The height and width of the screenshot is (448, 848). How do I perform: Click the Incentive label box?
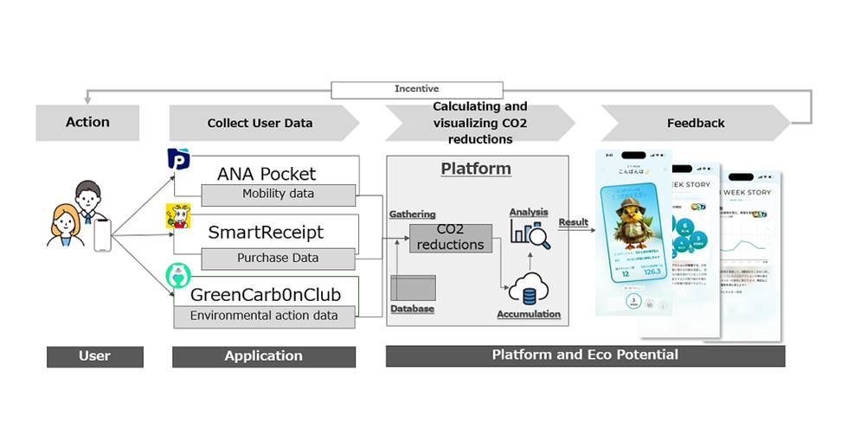pyautogui.click(x=416, y=89)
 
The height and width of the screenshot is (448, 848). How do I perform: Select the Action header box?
pyautogui.click(x=87, y=122)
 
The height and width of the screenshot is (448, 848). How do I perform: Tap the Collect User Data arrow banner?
pyautogui.click(x=260, y=123)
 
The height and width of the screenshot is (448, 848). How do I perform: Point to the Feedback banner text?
pyautogui.click(x=695, y=123)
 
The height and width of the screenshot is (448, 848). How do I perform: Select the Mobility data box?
pyautogui.click(x=278, y=194)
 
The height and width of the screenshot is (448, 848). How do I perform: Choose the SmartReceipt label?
pyautogui.click(x=266, y=233)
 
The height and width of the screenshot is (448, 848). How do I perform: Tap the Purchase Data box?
pyautogui.click(x=278, y=258)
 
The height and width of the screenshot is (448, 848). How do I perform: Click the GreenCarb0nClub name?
pyautogui.click(x=266, y=294)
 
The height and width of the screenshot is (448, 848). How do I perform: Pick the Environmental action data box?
pyautogui.click(x=264, y=316)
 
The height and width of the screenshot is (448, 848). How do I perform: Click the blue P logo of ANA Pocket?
pyautogui.click(x=178, y=160)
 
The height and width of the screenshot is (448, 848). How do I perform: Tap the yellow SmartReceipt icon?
pyautogui.click(x=177, y=217)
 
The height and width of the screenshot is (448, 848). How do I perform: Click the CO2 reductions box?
pyautogui.click(x=450, y=238)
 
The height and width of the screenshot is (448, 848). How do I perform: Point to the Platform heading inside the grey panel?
pyautogui.click(x=476, y=169)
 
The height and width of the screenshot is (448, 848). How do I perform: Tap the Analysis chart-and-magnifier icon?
pyautogui.click(x=529, y=231)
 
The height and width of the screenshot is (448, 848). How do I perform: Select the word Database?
pyautogui.click(x=412, y=309)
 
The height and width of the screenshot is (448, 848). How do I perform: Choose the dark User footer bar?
pyautogui.click(x=94, y=355)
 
